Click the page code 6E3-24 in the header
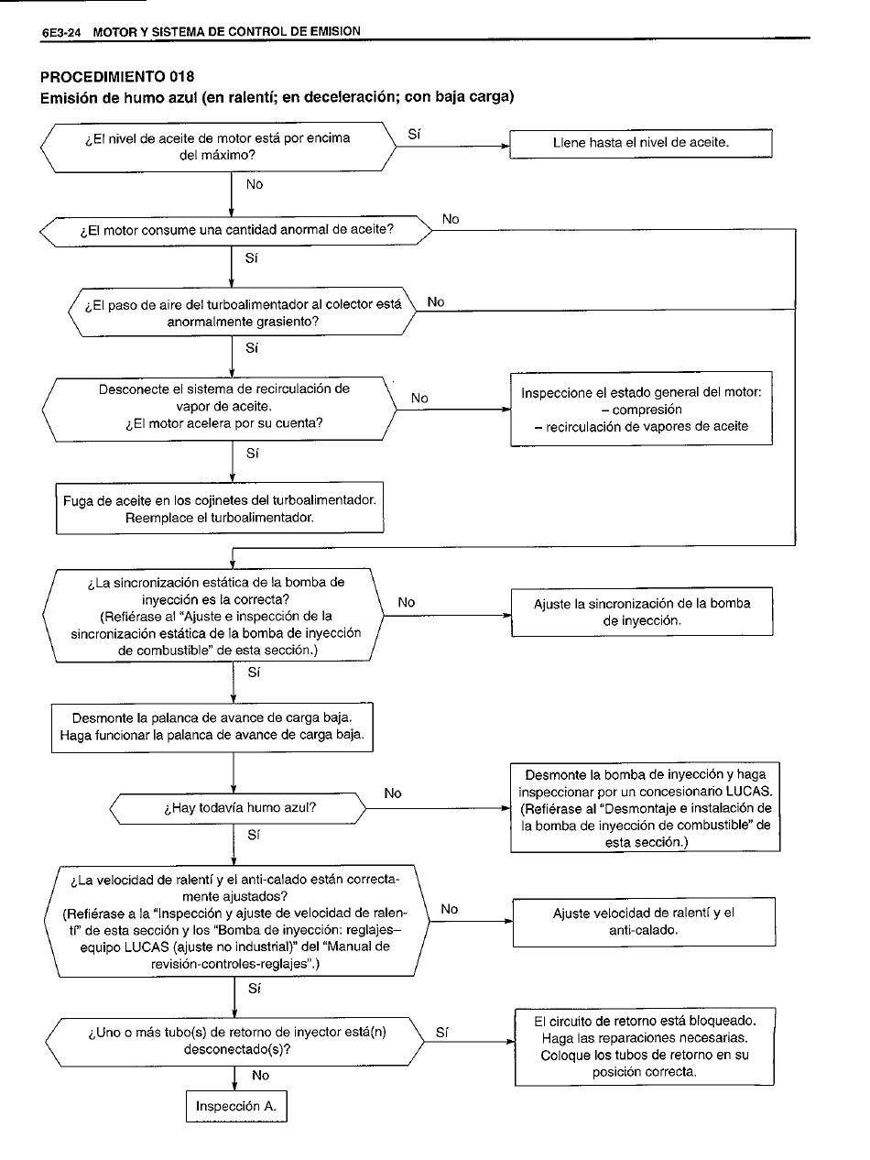coord(62,32)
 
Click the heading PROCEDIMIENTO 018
coord(117,75)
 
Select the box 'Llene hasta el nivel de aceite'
coord(641,144)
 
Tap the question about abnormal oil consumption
coord(236,230)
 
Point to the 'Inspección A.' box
coord(235,1106)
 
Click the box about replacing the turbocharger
coord(220,509)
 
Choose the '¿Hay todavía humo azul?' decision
coord(239,809)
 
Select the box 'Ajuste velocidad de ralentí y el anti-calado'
coord(644,922)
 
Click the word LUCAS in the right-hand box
coord(748,792)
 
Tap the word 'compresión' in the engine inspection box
coord(647,410)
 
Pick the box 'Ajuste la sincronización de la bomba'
coord(641,612)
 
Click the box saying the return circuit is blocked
coord(645,1045)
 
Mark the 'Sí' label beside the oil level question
coord(414,135)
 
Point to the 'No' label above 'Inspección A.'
coord(260,1076)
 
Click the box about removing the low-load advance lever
coord(212,727)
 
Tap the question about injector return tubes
coord(237,1041)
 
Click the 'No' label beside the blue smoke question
coord(393,793)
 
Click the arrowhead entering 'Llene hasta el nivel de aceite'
coord(505,145)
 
